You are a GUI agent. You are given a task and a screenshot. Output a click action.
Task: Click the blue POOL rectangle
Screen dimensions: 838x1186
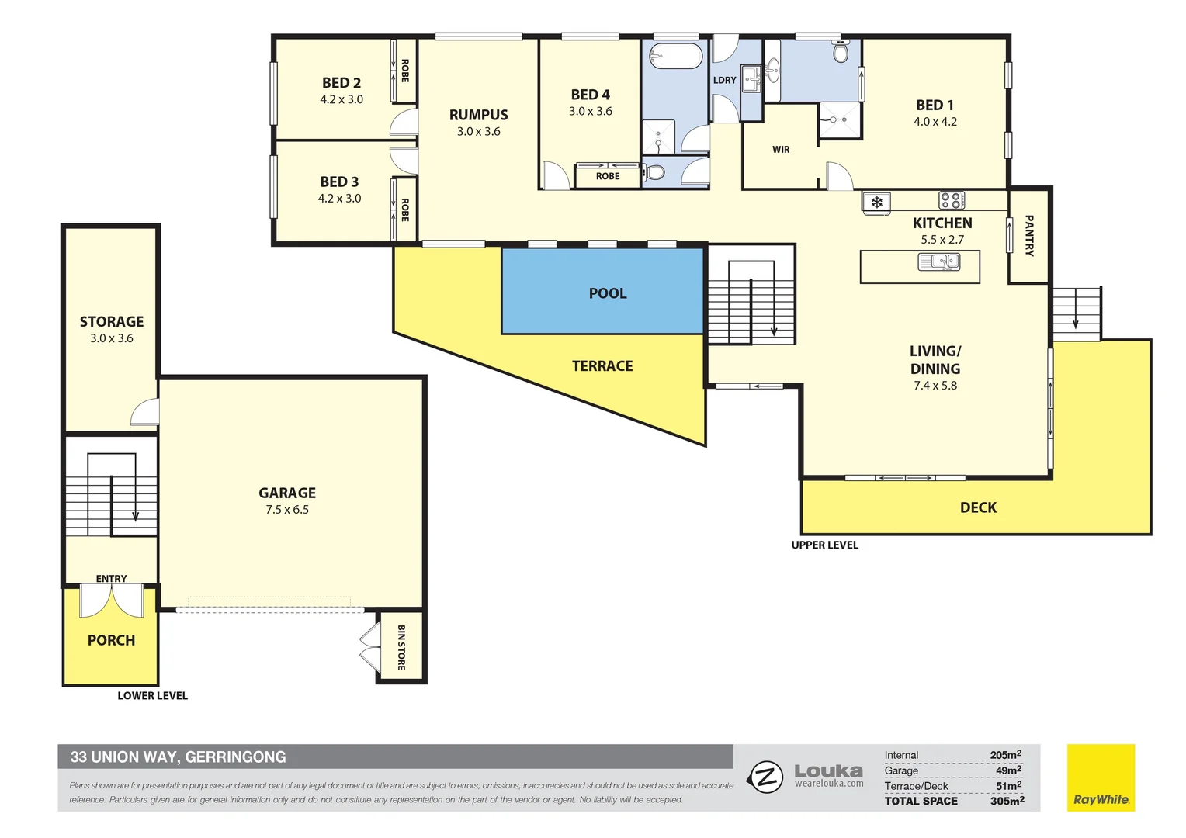coord(603,291)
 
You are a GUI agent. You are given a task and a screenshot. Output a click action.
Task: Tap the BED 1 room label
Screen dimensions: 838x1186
coord(935,105)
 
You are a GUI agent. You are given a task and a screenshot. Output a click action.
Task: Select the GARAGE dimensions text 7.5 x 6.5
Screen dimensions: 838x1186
coord(287,510)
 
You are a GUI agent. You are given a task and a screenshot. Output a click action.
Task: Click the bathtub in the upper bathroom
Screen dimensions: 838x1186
coord(674,57)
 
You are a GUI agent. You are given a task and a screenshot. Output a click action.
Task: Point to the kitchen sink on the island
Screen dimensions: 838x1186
coord(939,262)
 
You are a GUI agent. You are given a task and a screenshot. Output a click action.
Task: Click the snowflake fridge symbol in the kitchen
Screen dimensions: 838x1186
coord(876,203)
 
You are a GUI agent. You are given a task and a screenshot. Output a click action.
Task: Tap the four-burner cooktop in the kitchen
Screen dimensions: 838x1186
coord(952,200)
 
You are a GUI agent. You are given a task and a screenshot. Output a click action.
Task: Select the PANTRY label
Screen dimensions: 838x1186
coord(1029,236)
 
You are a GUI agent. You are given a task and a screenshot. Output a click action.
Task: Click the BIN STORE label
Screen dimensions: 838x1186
coord(401,648)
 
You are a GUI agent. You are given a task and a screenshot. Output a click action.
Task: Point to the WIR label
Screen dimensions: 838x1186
coord(781,150)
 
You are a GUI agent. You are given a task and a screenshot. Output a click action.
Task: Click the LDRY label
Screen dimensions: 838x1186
coord(724,81)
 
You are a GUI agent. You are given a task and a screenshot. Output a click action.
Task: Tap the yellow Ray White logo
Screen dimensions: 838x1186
coord(1101,778)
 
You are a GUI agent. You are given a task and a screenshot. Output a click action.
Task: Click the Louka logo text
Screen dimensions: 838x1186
coord(828,771)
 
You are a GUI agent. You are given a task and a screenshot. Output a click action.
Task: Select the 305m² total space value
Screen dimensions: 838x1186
coord(1007,801)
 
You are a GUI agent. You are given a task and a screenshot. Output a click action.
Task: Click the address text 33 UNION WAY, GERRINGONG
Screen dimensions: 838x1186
coord(178,757)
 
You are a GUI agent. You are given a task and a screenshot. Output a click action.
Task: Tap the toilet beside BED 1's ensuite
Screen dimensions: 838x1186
coord(840,52)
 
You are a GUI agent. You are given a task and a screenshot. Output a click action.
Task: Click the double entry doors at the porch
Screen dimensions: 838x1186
coord(111,601)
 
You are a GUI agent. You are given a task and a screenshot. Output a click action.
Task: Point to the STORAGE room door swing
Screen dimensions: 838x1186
coord(145,413)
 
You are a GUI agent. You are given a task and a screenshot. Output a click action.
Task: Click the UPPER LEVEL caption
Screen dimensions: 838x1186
coord(824,545)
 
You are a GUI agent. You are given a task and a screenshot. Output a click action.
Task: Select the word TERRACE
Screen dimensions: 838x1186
coord(602,366)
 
